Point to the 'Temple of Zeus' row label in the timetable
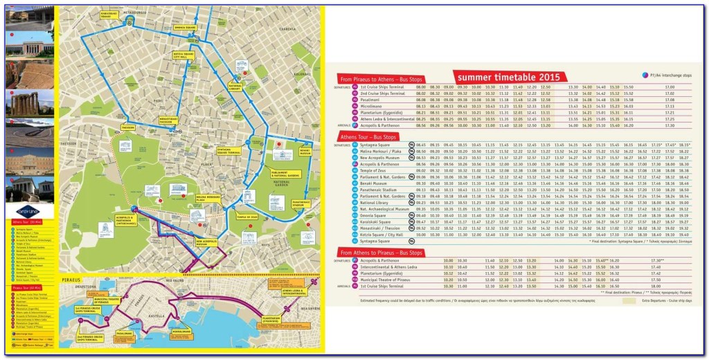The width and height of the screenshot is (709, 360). coord(373,170)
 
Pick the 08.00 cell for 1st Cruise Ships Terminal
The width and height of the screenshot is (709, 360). coord(420,87)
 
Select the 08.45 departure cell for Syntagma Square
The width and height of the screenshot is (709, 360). coord(421,145)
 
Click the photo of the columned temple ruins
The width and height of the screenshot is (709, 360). coord(28,104)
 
